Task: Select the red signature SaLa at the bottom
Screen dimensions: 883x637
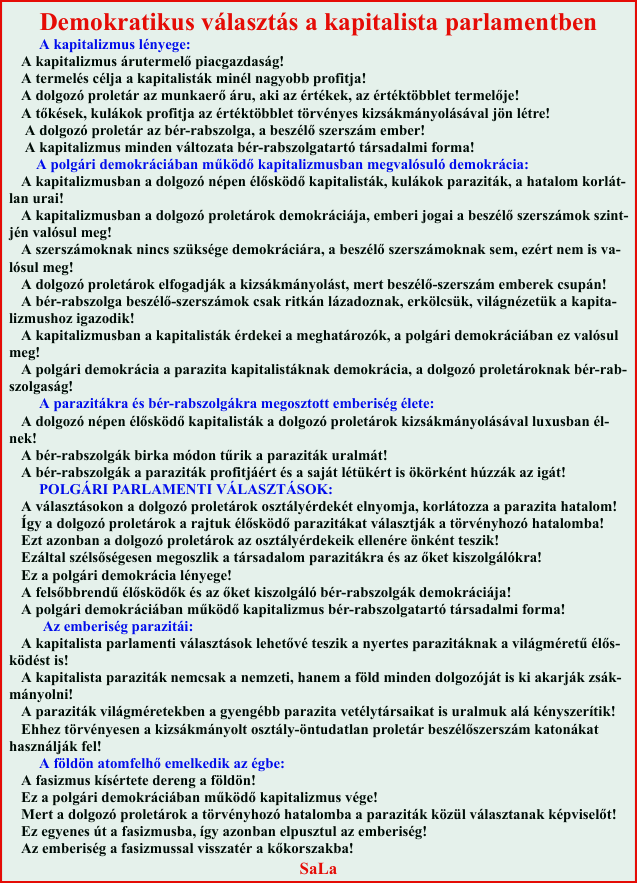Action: click(x=318, y=868)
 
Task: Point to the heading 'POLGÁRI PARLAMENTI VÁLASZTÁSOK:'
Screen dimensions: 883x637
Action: click(x=185, y=489)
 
